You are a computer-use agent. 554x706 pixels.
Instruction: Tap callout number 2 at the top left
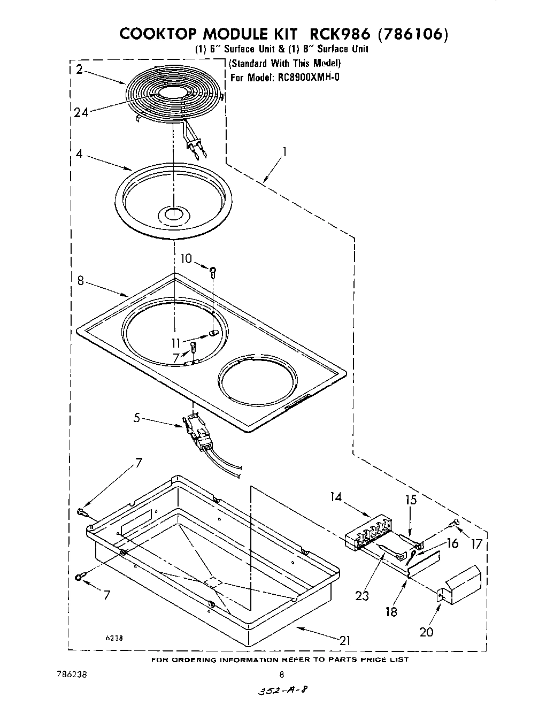click(79, 69)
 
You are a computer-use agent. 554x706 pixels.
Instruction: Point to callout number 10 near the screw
click(186, 258)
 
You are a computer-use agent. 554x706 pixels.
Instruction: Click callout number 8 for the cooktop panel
click(81, 280)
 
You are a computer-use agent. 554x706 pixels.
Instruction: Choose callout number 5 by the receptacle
click(137, 417)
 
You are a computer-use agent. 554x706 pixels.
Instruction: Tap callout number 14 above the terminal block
click(336, 497)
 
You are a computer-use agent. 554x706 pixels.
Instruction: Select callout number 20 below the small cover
click(426, 632)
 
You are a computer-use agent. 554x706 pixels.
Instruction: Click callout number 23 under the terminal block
click(362, 595)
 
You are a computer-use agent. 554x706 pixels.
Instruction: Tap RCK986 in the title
click(333, 34)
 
